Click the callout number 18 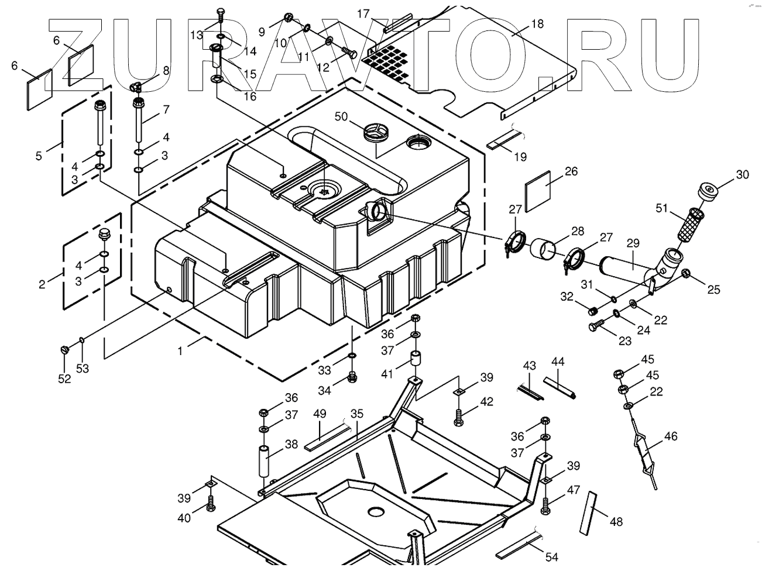coord(537,24)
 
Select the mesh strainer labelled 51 coord(694,222)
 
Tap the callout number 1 coord(181,351)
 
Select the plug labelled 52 coord(64,349)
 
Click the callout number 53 coord(83,369)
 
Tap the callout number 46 coord(671,436)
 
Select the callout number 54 coord(551,558)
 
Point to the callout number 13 coord(196,35)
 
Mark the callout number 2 coord(42,285)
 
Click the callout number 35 coord(357,414)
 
